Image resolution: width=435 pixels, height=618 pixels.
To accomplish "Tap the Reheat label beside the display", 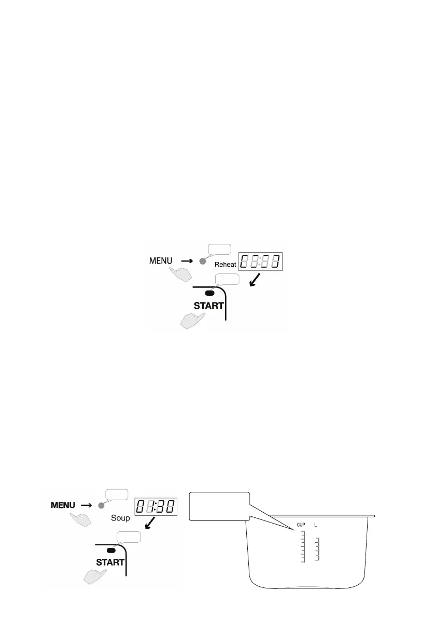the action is (x=226, y=264).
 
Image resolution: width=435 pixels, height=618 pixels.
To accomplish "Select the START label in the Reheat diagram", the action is (x=208, y=306).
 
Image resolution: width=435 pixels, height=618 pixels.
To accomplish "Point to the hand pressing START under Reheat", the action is (x=192, y=321).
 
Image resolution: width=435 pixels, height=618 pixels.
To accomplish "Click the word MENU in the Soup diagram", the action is (x=63, y=504).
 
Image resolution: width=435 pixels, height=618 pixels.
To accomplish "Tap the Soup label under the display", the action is (x=121, y=518).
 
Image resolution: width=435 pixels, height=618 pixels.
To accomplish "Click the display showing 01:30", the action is (x=155, y=507).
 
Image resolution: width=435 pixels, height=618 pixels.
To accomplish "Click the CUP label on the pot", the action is (x=301, y=526).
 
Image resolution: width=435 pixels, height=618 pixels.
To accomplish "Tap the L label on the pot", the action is (x=316, y=526).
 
